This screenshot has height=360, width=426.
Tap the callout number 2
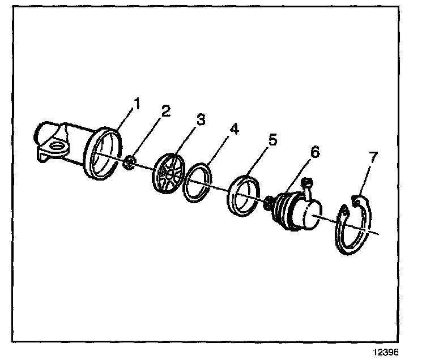165,111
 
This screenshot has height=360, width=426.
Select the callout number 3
201,120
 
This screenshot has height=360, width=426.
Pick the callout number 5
274,139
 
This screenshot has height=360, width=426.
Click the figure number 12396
386,352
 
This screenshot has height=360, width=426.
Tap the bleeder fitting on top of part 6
308,185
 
